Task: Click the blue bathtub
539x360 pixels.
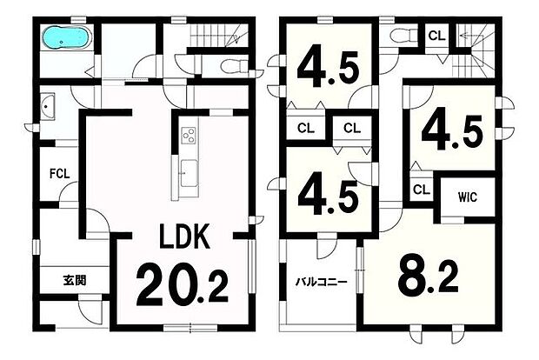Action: [66, 37]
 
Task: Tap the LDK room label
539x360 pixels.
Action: [184, 236]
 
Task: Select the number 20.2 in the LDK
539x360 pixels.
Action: [183, 283]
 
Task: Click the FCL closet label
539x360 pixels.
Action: [60, 174]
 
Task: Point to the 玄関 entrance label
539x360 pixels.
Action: [75, 281]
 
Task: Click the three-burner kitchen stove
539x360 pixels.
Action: [189, 134]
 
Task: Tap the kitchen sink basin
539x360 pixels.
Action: [189, 173]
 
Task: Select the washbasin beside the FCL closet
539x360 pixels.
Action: [48, 106]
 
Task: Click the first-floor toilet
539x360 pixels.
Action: [235, 66]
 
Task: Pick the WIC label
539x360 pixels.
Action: [468, 197]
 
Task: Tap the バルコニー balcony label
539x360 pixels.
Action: [322, 283]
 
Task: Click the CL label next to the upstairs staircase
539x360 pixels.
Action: [437, 36]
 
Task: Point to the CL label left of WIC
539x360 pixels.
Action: [422, 189]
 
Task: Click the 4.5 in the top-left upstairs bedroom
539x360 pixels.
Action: [329, 69]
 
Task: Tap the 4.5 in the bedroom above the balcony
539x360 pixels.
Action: [329, 197]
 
